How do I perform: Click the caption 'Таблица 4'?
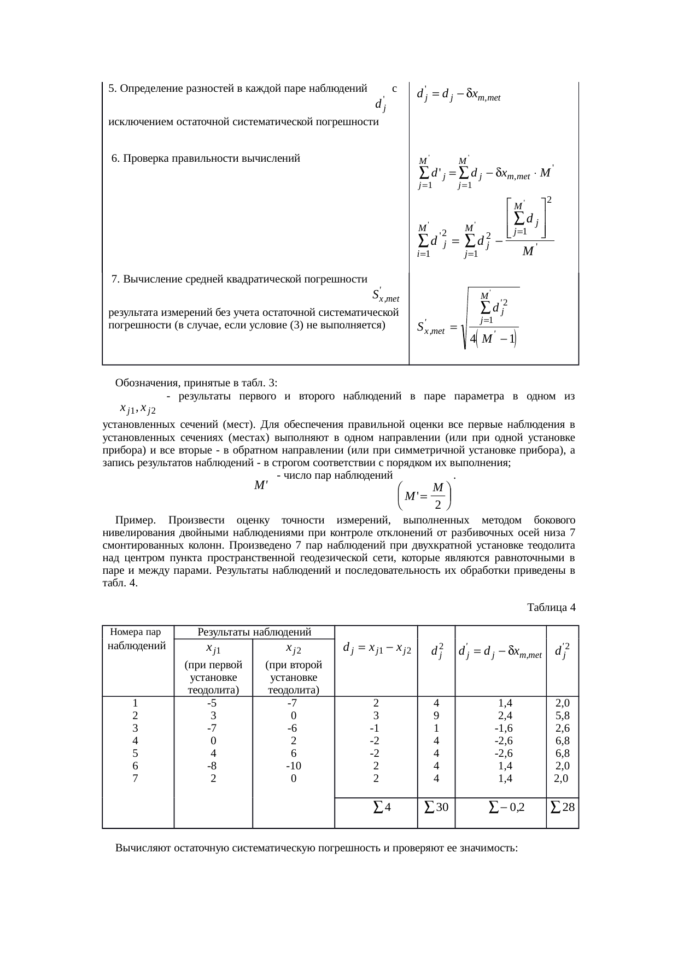click(551, 607)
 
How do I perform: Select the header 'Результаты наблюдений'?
click(254, 632)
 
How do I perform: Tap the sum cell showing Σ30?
click(436, 807)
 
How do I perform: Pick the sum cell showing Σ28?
click(563, 807)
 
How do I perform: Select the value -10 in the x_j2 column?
click(294, 766)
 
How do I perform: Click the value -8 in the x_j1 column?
click(213, 766)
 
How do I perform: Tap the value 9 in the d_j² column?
click(436, 716)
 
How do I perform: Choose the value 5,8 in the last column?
click(563, 716)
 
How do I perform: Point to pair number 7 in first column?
click(135, 779)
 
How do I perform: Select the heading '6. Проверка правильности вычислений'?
click(206, 158)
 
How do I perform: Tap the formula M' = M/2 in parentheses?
click(426, 495)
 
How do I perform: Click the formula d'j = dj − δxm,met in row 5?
click(459, 94)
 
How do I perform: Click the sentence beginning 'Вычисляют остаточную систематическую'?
click(316, 848)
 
